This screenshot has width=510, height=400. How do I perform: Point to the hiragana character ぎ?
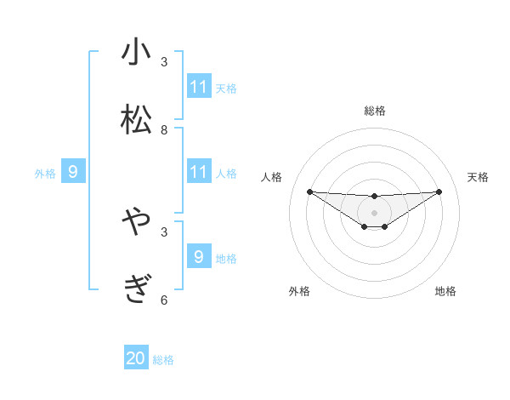coord(136,289)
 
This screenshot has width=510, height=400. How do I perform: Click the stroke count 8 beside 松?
coord(164,130)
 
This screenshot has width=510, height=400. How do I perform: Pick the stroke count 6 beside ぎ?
coord(164,300)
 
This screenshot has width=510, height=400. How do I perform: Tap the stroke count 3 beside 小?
coord(164,61)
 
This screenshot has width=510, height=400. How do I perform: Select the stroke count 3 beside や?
coord(164,231)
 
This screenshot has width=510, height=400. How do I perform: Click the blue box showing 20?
coord(136,358)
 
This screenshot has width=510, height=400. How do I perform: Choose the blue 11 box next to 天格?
coord(199,87)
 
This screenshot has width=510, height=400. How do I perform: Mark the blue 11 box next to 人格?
coord(199,172)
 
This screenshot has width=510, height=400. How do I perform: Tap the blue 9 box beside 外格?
coord(73,172)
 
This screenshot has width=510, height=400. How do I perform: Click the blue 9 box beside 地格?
coord(199,257)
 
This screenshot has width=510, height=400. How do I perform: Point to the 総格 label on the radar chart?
coord(374,111)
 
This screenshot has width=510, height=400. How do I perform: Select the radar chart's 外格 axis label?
coord(299,291)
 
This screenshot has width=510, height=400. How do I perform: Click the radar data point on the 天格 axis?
coord(439,191)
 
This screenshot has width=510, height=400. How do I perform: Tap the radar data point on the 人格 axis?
coord(309,191)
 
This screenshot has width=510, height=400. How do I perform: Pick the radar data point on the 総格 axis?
coord(374,197)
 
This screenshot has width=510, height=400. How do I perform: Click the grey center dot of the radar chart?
coord(374,213)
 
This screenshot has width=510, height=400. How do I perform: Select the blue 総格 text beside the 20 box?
coord(163,360)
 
